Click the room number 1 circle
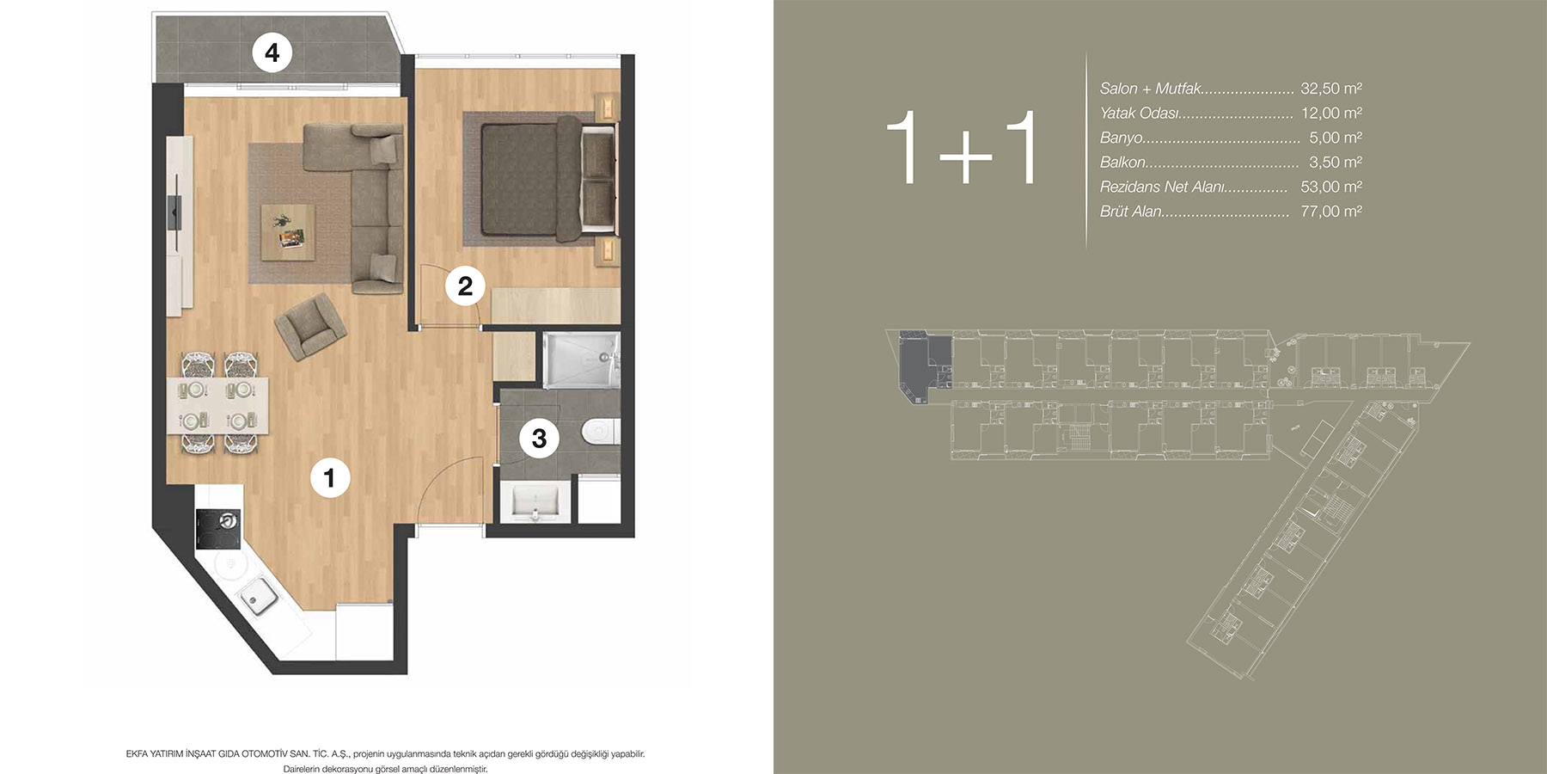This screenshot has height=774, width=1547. [329, 477]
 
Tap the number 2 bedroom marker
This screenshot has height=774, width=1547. [465, 286]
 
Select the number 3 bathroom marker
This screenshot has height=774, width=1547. [539, 439]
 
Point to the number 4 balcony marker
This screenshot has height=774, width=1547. [272, 53]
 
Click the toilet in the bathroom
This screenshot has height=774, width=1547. [600, 431]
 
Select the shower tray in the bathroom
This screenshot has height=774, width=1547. [580, 360]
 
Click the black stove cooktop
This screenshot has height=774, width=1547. [218, 529]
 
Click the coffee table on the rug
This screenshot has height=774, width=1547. [288, 230]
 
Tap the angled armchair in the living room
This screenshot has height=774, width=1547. [310, 327]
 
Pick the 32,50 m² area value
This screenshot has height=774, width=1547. [1331, 89]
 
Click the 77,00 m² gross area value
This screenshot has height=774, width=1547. [1331, 212]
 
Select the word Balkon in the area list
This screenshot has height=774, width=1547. [1122, 163]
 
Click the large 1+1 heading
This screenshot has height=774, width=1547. [963, 148]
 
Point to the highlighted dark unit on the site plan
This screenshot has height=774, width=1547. [924, 365]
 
